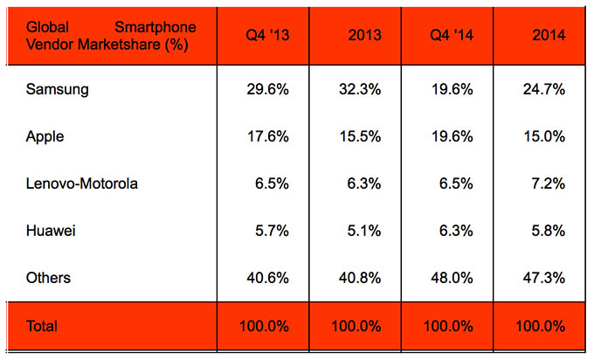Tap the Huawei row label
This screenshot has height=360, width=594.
(x=48, y=231)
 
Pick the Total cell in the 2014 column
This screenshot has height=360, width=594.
(x=539, y=326)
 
